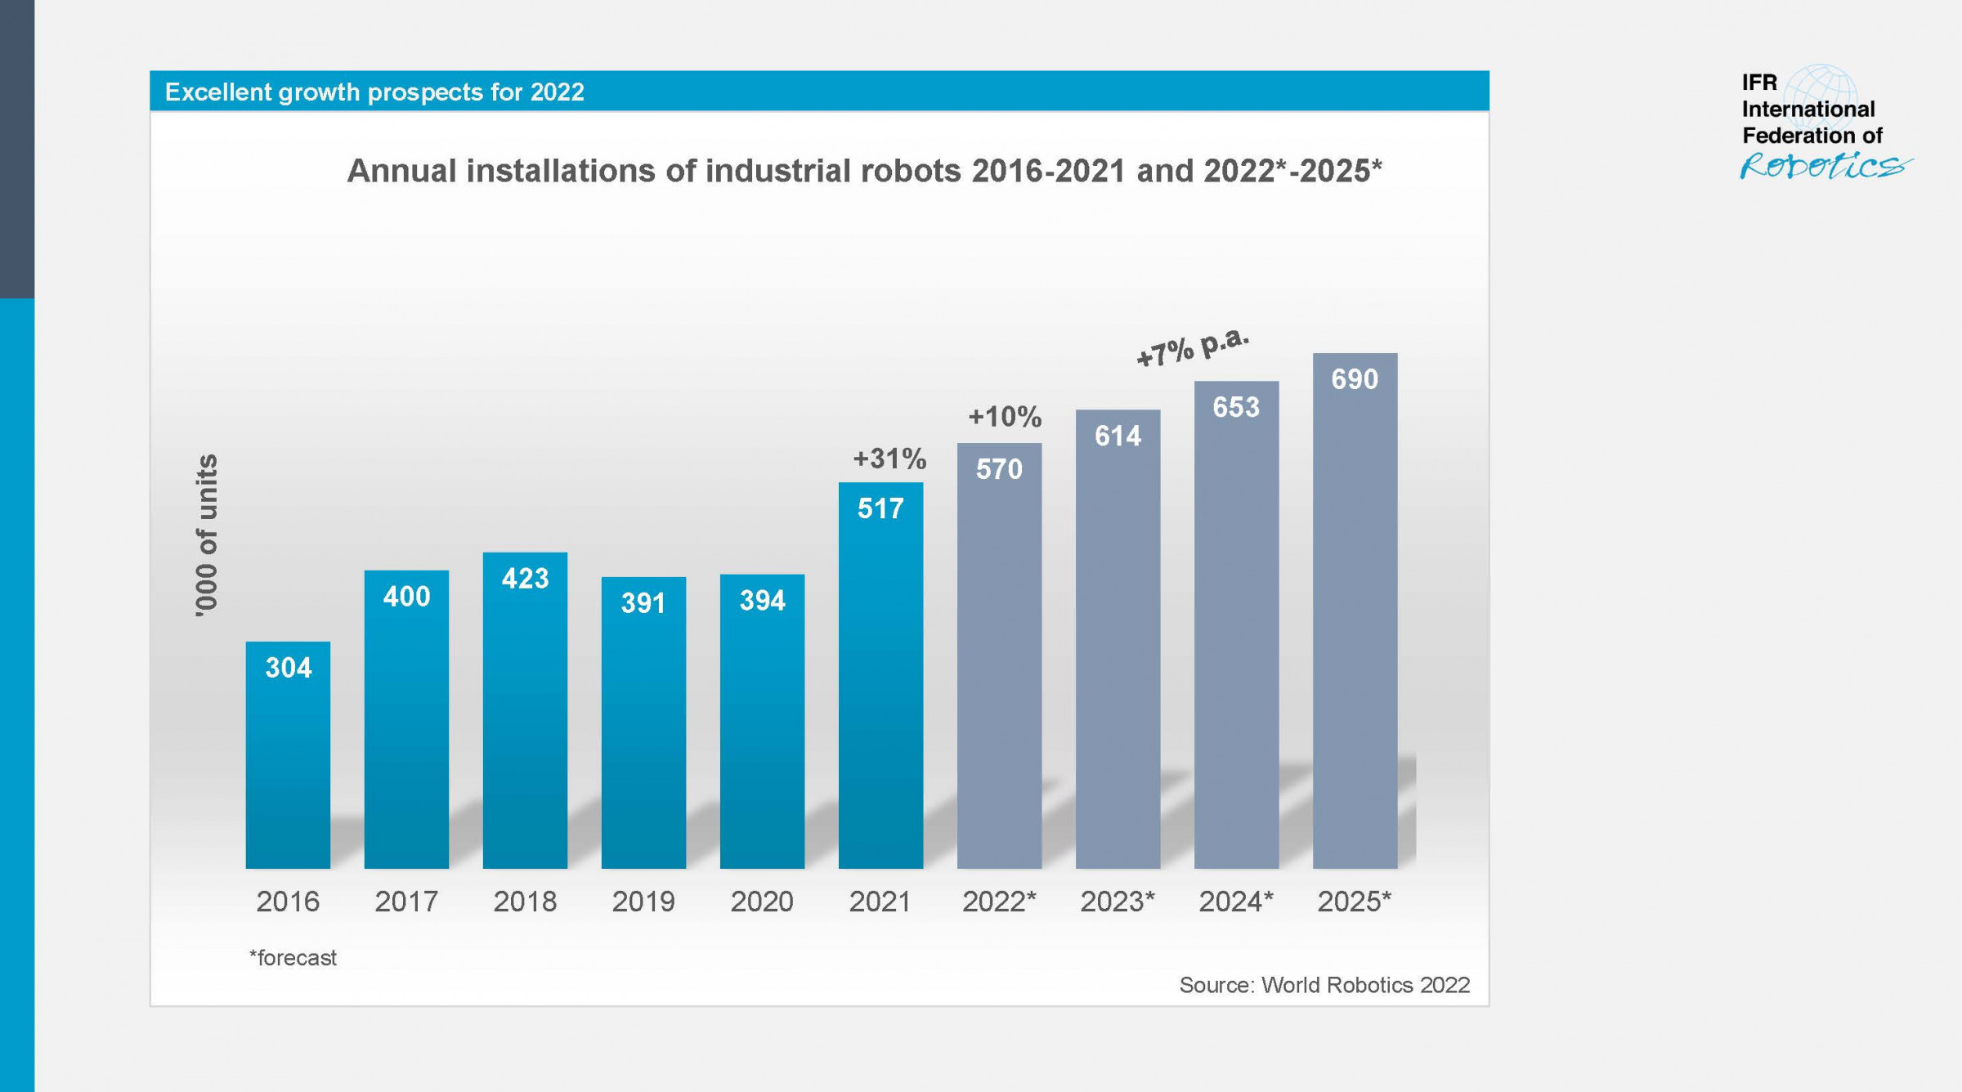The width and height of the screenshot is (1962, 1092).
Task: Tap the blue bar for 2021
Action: [x=880, y=695]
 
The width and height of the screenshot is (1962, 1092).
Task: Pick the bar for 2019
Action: [x=643, y=736]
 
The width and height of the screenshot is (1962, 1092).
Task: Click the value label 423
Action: [x=525, y=579]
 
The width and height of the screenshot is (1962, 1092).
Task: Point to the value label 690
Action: [x=1355, y=379]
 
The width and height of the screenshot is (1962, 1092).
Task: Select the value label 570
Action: [x=999, y=469]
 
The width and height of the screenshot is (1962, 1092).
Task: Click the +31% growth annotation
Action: [x=889, y=459]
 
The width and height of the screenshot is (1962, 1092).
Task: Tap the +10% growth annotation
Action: [x=1005, y=417]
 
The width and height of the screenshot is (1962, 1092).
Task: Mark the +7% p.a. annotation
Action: [x=1193, y=347]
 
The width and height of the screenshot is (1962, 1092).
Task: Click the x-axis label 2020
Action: [x=761, y=902]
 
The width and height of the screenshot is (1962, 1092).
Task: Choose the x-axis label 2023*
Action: [x=1118, y=902]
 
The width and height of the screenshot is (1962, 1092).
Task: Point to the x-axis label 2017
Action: [x=406, y=902]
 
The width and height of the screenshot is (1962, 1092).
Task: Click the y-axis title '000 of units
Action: [x=208, y=535]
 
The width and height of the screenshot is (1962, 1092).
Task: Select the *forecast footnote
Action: [x=293, y=957]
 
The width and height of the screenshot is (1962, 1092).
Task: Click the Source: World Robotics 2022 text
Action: [x=1324, y=985]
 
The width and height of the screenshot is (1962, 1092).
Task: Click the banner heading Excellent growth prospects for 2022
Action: [x=374, y=92]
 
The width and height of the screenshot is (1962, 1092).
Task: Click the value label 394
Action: [x=762, y=601]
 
